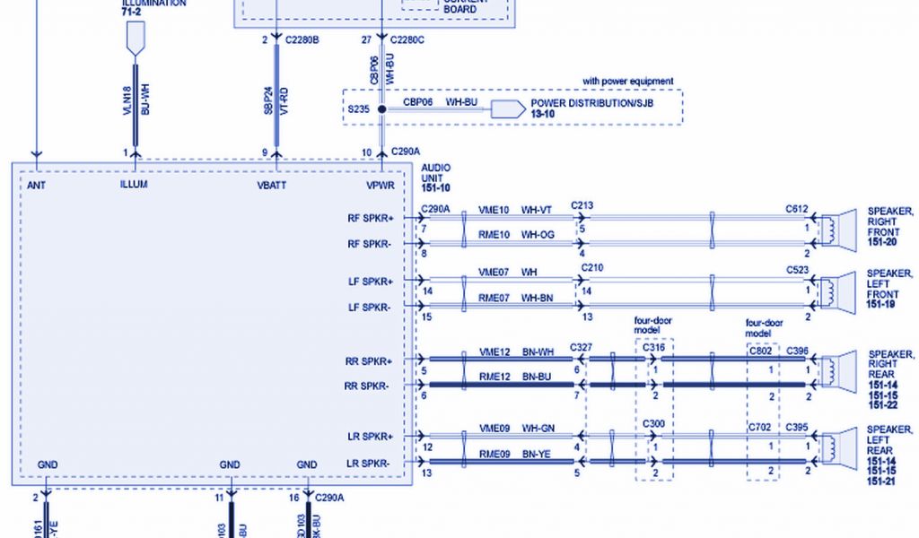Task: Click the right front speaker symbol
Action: pos(836,229)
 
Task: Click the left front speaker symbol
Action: pos(836,290)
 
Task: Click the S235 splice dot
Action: pos(381,109)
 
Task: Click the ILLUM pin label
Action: pos(133,185)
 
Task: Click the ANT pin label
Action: pos(37,185)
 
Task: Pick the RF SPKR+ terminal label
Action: pos(371,218)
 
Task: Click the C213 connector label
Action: pos(582,206)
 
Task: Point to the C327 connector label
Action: pos(581,347)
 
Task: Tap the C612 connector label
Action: pos(797,210)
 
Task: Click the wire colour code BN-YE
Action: pos(536,454)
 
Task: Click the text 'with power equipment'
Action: pos(627,82)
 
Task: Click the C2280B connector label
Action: pos(302,40)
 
